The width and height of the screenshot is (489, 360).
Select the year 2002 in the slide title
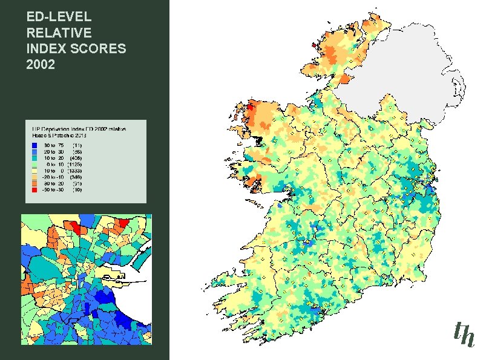(41, 64)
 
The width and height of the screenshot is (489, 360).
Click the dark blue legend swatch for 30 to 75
(34, 145)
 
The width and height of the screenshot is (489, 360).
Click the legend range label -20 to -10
(53, 177)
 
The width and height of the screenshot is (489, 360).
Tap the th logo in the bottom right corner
(464, 333)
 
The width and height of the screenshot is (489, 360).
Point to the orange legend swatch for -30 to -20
(34, 183)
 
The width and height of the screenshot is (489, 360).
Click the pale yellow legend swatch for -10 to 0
(34, 171)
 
